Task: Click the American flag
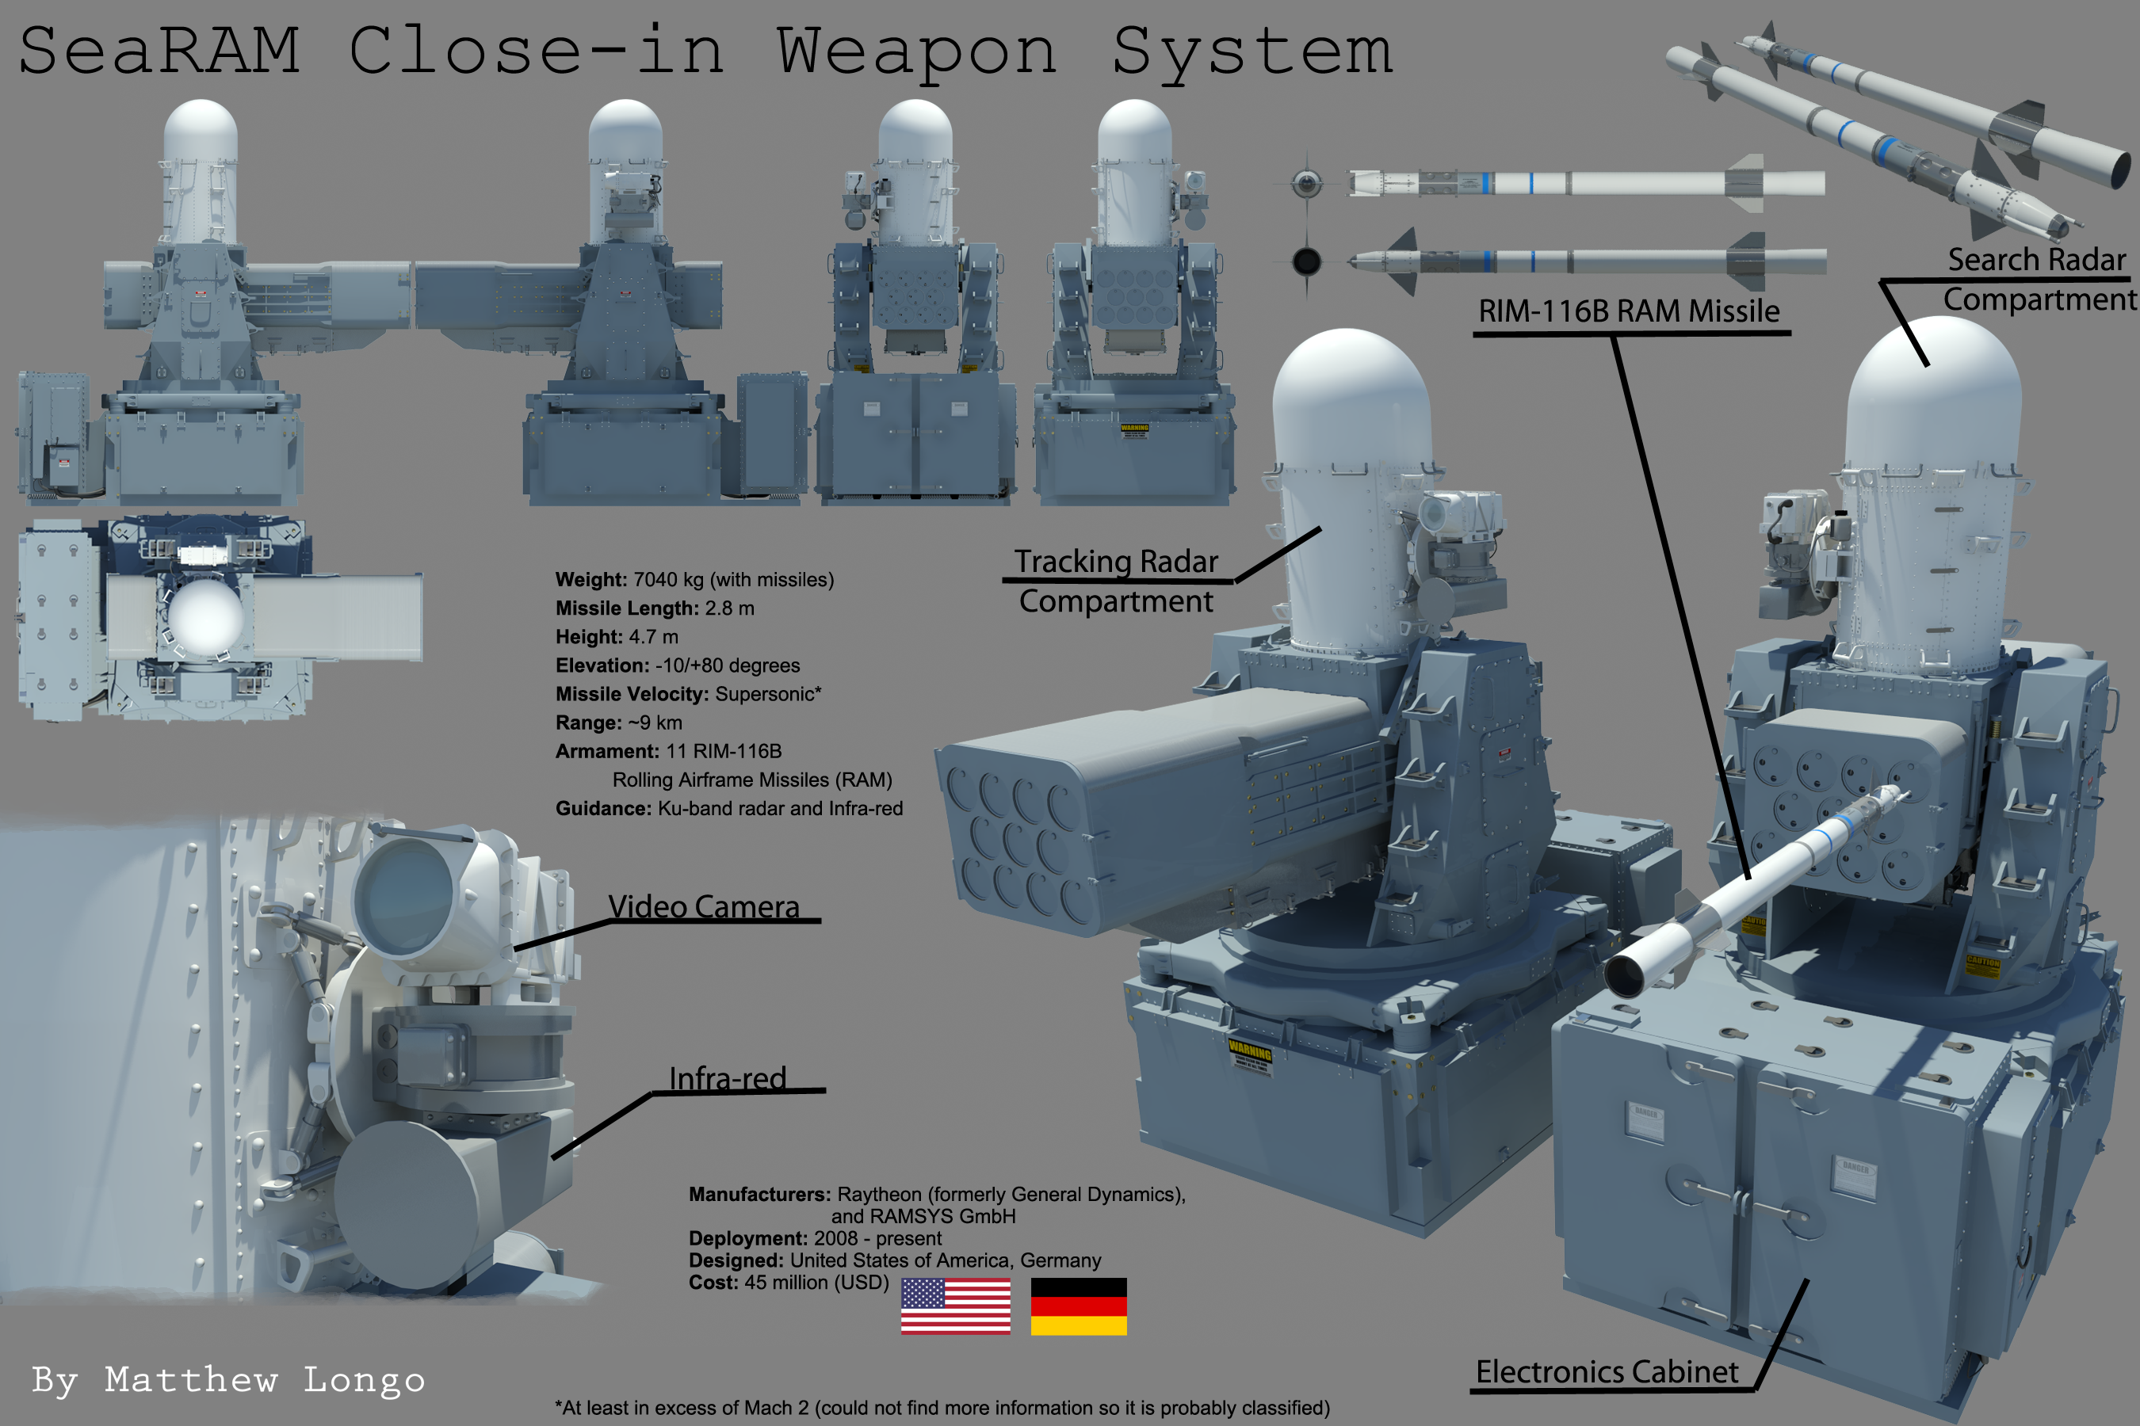point(955,1306)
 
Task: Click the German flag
point(1078,1306)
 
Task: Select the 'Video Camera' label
point(703,907)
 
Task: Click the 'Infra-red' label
point(727,1078)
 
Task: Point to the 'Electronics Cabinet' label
point(1606,1371)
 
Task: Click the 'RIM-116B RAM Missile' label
point(1629,311)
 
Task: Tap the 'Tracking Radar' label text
point(1115,562)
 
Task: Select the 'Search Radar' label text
point(2036,260)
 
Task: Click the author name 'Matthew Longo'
point(264,1379)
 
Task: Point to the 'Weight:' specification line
point(694,579)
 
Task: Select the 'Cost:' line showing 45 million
point(788,1283)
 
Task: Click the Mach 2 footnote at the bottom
point(942,1408)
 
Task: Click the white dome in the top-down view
point(205,616)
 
